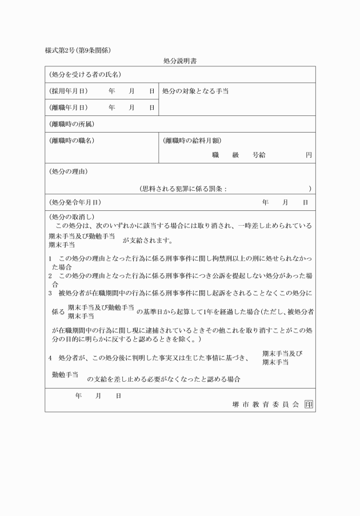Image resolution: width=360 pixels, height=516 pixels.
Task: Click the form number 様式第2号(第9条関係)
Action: point(78,50)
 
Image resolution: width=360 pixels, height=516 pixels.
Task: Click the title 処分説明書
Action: point(180,60)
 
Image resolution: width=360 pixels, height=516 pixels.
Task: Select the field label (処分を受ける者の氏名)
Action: point(85,75)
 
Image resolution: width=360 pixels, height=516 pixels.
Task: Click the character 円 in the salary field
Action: point(309,155)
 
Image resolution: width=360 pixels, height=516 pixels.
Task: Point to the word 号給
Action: point(258,155)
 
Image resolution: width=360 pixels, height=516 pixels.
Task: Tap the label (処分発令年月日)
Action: point(75,202)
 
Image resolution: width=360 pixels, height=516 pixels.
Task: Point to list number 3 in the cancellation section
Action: point(50,293)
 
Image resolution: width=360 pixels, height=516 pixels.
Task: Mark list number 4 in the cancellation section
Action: point(50,358)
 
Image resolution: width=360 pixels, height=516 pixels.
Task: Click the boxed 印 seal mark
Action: point(309,404)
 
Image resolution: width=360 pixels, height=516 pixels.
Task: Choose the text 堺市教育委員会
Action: point(266,404)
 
